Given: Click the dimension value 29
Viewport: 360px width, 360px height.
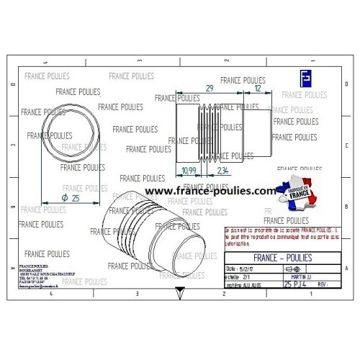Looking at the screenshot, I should coord(210,88).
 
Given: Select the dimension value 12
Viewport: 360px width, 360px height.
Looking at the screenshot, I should coord(258,88).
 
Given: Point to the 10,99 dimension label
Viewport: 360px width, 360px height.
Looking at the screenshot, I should coord(189,170).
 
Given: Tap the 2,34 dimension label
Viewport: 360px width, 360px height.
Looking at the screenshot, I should coord(222,170).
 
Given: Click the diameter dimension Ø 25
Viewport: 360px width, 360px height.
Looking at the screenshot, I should coord(71,198).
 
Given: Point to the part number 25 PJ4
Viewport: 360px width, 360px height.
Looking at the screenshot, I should coord(298,285).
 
